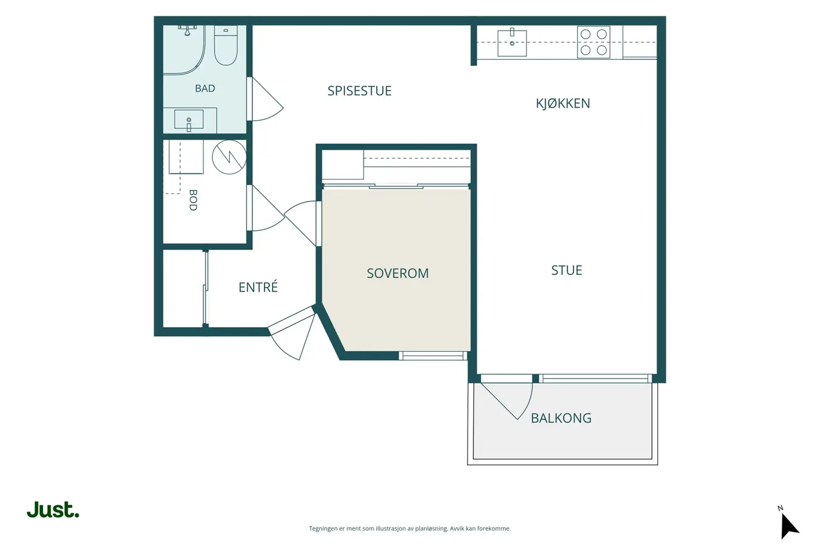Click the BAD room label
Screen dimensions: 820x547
[x=205, y=88]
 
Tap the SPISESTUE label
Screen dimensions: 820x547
[x=359, y=91]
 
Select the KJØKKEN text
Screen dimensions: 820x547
[x=562, y=104]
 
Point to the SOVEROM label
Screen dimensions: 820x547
[x=398, y=273]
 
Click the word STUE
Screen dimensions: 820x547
[x=567, y=270]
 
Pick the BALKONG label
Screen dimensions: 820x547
[x=561, y=418]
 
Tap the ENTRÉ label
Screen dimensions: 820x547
[x=258, y=287]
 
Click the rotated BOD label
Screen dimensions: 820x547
[x=193, y=200]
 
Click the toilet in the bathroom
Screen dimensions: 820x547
[x=226, y=45]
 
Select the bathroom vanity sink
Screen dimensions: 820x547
[x=189, y=120]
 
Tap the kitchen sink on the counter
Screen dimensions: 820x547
[x=512, y=43]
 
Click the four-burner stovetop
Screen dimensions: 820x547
[x=593, y=42]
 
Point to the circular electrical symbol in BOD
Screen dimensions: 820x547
[x=229, y=157]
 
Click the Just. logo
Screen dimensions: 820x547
[x=53, y=509]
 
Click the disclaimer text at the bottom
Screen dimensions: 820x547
[x=410, y=528]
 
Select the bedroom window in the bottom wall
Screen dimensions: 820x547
[x=433, y=355]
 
